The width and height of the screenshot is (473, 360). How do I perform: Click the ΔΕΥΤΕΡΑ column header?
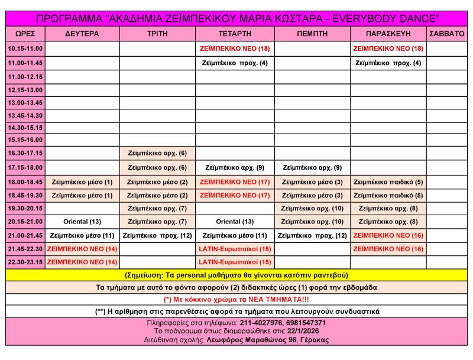(x=82, y=34)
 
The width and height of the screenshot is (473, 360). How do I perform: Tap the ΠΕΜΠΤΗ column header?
(x=312, y=34)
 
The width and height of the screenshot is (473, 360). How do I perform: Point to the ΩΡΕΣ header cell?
(x=25, y=34)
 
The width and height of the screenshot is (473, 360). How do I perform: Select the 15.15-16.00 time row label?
(x=25, y=140)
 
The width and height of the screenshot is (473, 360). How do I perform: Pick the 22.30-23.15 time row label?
(x=25, y=261)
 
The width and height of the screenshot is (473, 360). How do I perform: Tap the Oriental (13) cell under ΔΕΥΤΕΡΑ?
(x=82, y=222)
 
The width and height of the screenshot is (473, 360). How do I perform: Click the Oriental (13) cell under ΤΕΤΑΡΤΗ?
(x=235, y=222)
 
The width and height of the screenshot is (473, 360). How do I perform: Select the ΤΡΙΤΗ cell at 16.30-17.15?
(x=157, y=153)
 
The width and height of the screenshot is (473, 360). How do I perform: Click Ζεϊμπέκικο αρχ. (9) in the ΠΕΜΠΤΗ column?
(x=312, y=167)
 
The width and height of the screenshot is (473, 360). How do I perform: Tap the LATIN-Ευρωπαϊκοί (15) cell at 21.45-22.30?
(x=235, y=249)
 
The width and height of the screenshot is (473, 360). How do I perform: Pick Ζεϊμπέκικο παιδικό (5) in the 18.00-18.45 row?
(x=388, y=182)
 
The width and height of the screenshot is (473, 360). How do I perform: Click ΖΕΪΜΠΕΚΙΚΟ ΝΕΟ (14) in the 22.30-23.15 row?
(x=82, y=261)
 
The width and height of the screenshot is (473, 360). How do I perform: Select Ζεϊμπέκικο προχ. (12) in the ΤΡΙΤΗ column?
(x=157, y=235)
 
